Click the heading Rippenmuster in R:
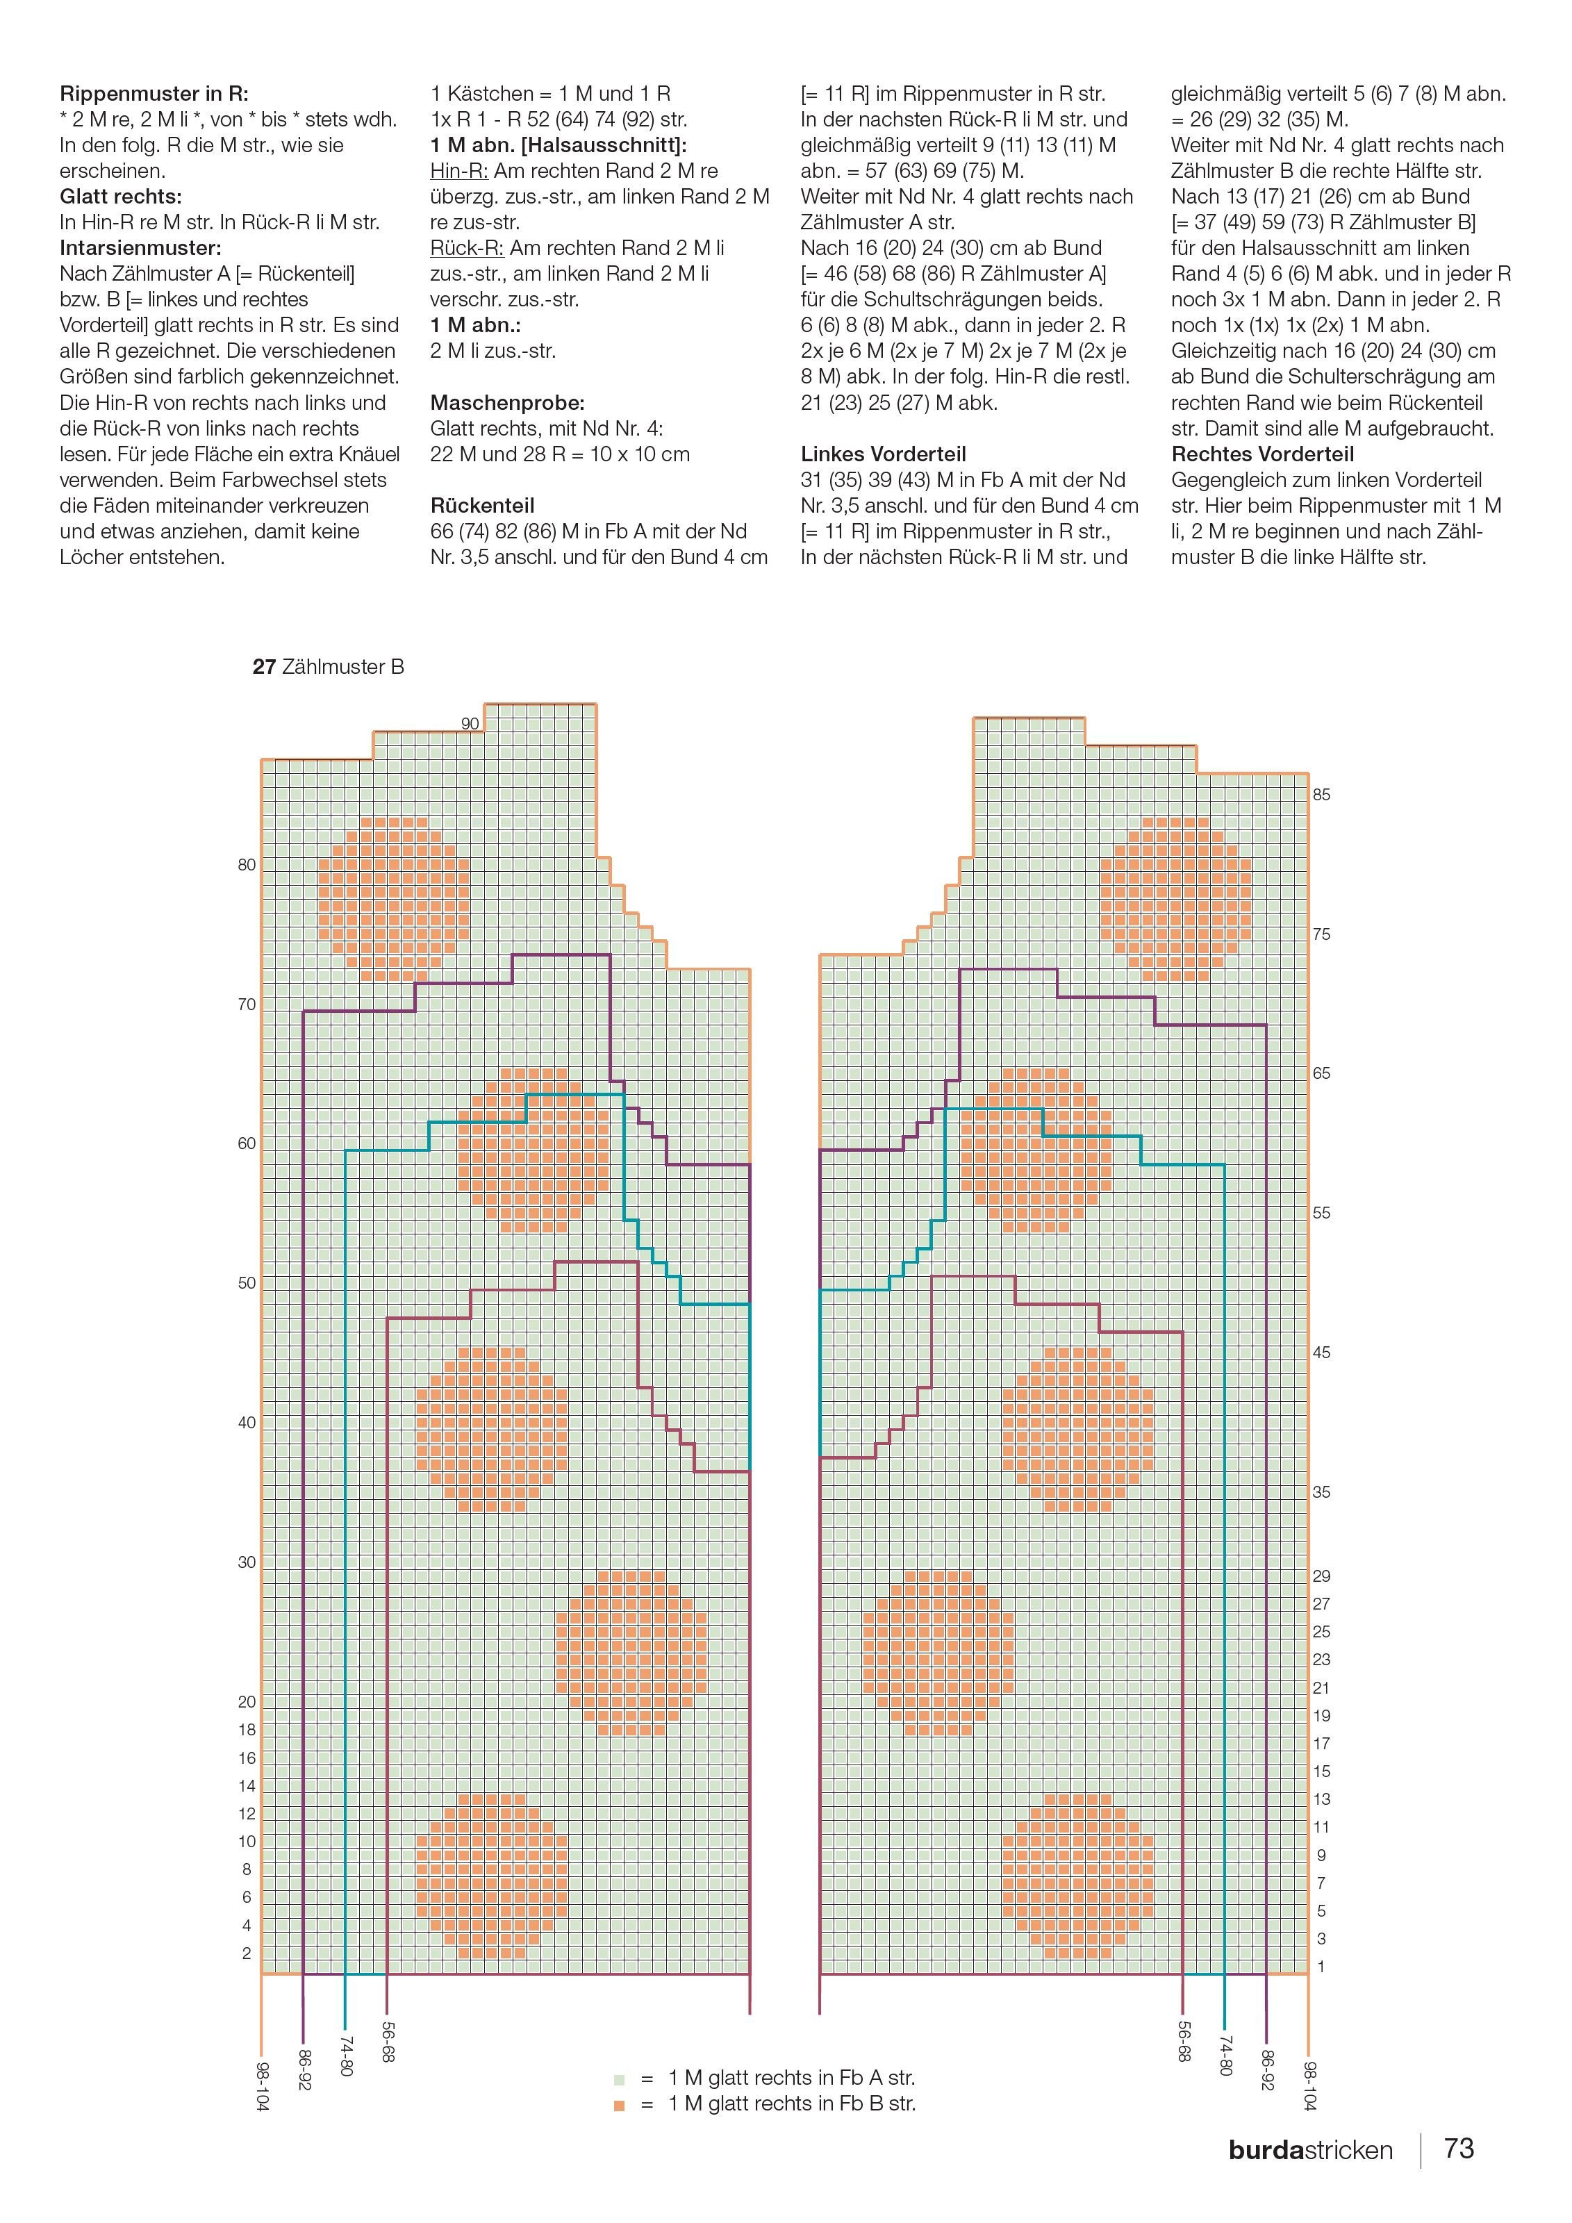(154, 94)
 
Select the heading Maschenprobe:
(507, 403)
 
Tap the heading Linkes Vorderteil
(883, 454)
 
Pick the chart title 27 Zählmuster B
(328, 667)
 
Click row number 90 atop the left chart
(470, 723)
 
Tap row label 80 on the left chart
(247, 865)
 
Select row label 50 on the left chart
(247, 1283)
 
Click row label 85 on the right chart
(1321, 795)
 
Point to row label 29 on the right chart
(1321, 1576)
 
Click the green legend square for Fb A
(618, 2079)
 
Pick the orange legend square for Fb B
(618, 2105)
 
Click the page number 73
(1459, 2149)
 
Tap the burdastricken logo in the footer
(1311, 2150)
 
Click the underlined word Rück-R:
(467, 248)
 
